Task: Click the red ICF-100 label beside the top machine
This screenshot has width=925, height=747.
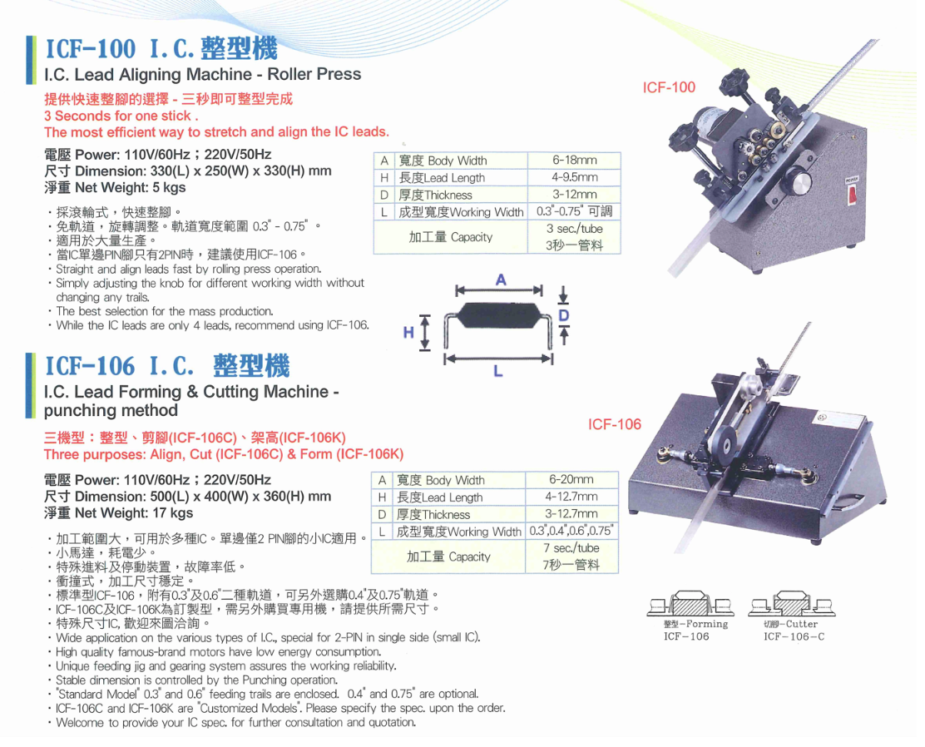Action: click(669, 87)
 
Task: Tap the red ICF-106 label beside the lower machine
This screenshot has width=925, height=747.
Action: click(614, 424)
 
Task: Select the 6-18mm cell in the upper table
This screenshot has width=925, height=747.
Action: click(575, 160)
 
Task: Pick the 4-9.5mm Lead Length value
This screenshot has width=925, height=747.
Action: click(575, 177)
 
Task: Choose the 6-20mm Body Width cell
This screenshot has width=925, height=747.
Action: click(571, 480)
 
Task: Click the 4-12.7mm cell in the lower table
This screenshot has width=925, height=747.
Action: click(571, 497)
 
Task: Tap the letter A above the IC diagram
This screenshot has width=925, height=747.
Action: click(501, 280)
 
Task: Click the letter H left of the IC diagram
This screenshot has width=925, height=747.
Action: click(408, 333)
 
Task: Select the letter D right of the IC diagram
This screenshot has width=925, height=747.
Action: click(564, 315)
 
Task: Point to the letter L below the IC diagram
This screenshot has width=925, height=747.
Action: click(498, 371)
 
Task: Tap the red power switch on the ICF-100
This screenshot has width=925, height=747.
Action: click(853, 195)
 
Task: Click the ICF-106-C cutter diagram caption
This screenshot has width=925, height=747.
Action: click(794, 636)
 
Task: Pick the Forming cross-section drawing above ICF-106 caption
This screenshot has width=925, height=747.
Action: click(690, 604)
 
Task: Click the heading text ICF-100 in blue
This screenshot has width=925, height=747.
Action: click(91, 49)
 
